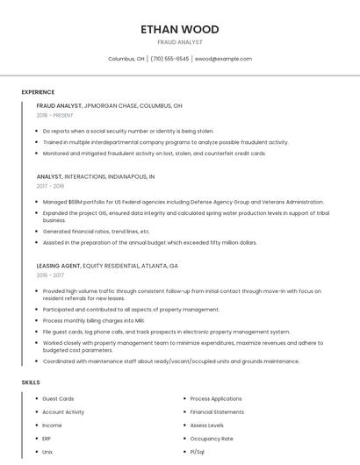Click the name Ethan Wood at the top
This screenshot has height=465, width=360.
(x=179, y=29)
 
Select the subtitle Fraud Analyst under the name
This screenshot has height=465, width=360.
(x=179, y=42)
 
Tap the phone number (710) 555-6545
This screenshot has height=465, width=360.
(x=169, y=59)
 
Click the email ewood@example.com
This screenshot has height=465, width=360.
(x=223, y=59)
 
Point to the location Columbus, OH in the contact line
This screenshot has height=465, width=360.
(x=126, y=59)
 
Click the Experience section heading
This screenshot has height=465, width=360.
(x=38, y=92)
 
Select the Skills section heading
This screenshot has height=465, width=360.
(x=31, y=383)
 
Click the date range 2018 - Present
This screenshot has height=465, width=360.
(x=55, y=115)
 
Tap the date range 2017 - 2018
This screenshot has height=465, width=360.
(x=51, y=186)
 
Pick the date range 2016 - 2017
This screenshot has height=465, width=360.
(x=50, y=275)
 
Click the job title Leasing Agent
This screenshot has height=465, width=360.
(x=58, y=265)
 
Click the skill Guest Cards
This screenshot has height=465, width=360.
(x=58, y=398)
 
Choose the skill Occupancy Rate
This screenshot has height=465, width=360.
(x=211, y=438)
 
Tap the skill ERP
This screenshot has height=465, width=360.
(x=47, y=438)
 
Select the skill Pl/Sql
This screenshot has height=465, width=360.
(x=198, y=451)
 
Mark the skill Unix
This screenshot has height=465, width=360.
(x=48, y=451)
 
